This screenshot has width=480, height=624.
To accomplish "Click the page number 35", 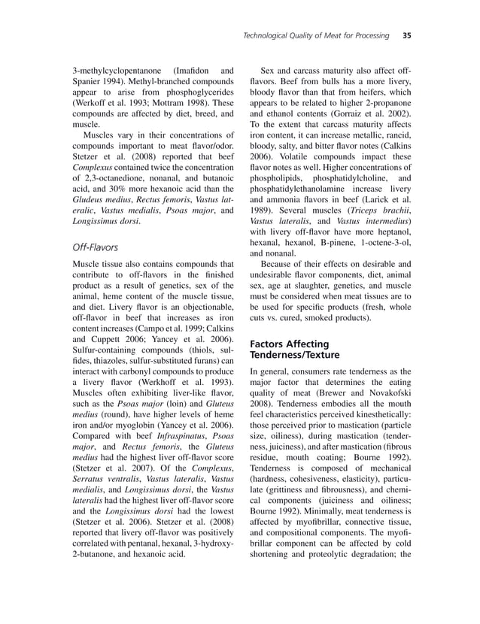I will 406,35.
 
